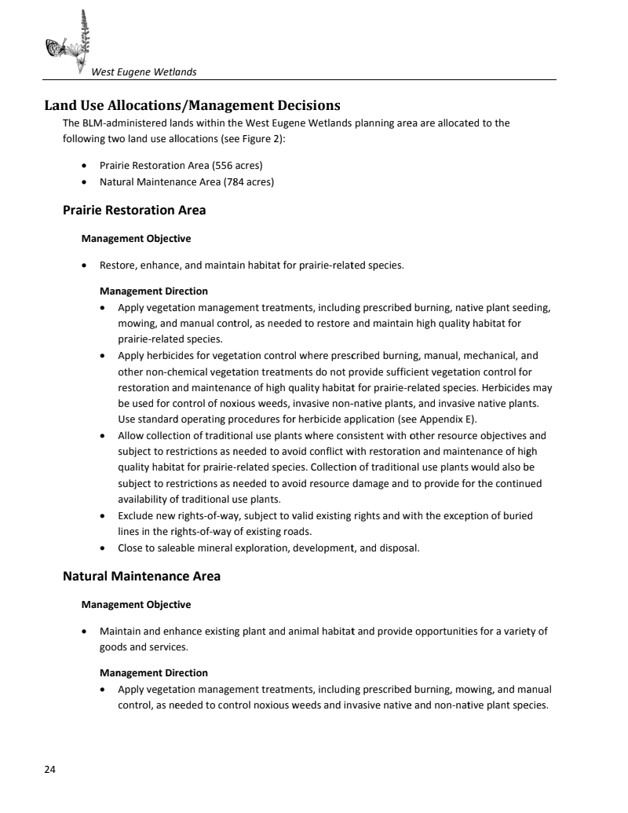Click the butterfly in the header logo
pos(56,49)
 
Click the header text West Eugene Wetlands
pos(144,72)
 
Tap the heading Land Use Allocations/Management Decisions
pos(192,105)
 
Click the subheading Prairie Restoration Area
pos(134,211)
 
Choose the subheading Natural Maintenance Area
pos(141,576)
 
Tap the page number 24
pos(49,769)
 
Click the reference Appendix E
pos(448,419)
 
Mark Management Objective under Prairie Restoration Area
pos(136,238)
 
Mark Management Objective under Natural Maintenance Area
pos(136,604)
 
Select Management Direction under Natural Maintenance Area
pos(154,672)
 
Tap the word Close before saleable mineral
pos(131,548)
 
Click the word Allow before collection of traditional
pos(130,435)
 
